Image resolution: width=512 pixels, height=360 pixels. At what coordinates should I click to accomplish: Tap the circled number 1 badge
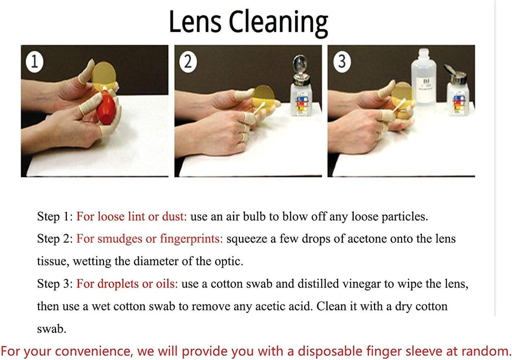click(35, 62)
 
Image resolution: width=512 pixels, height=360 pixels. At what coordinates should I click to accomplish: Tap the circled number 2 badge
click(188, 62)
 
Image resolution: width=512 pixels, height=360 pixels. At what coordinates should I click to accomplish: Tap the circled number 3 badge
click(342, 62)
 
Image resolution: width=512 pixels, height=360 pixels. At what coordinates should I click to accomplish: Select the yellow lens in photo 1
click(103, 76)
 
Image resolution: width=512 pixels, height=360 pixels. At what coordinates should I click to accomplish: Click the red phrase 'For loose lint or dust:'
click(132, 217)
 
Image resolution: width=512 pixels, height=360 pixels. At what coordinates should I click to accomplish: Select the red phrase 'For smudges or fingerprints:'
click(149, 239)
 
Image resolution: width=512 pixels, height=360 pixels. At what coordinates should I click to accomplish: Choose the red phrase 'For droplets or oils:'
click(127, 284)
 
